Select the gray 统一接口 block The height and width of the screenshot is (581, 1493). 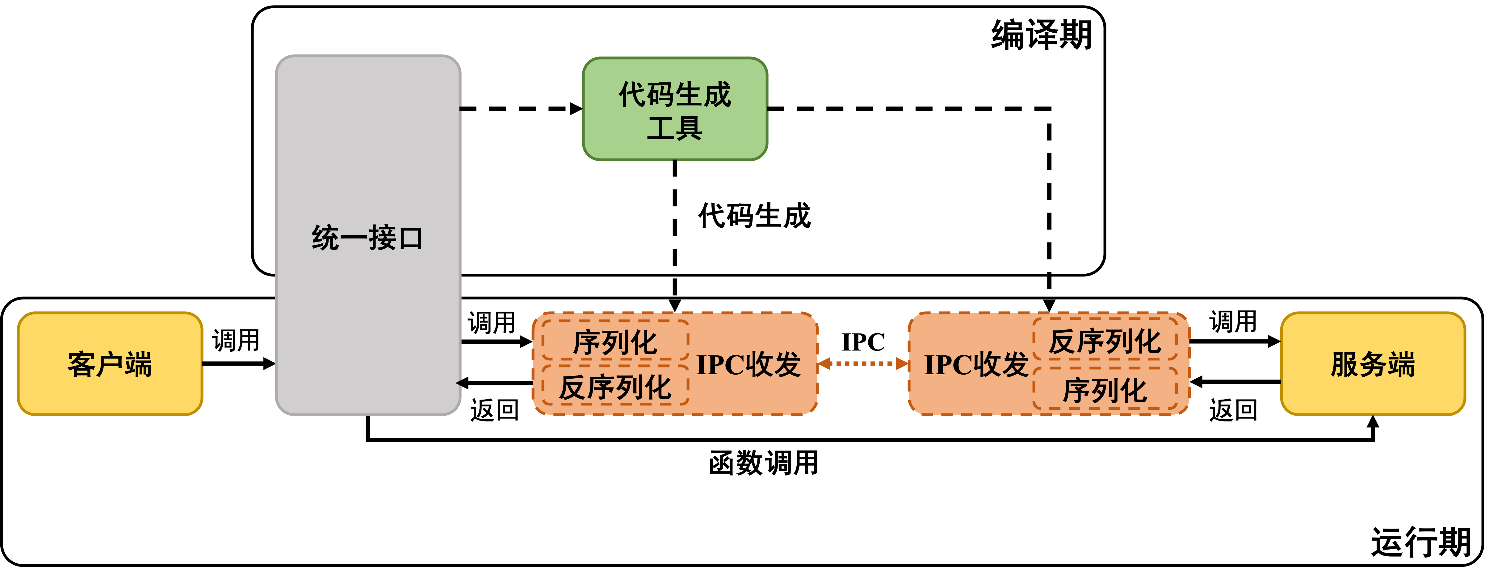pyautogui.click(x=368, y=174)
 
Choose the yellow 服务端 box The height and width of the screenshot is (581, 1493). pyautogui.click(x=1373, y=364)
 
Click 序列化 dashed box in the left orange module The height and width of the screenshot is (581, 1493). pyautogui.click(x=615, y=341)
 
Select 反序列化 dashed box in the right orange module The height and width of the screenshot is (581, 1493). pyautogui.click(x=1105, y=340)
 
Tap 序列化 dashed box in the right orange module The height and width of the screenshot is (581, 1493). pyautogui.click(x=1105, y=389)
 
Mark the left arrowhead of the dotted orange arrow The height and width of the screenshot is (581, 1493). pyautogui.click(x=824, y=364)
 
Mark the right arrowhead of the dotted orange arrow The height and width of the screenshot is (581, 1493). pyautogui.click(x=902, y=364)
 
